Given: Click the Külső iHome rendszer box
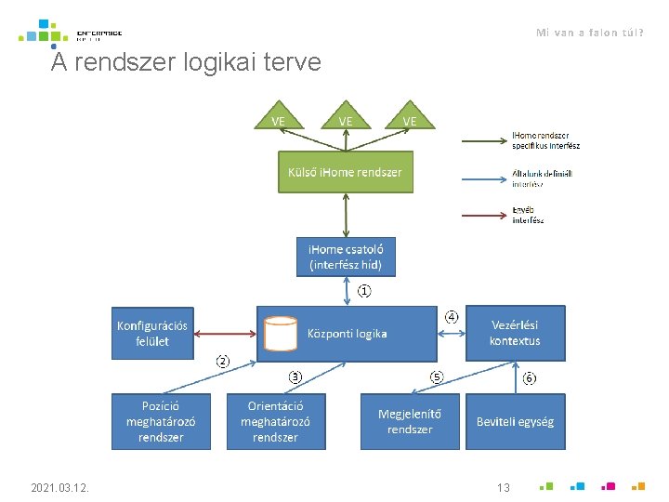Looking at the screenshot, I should tap(346, 174).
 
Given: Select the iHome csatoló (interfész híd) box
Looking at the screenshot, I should tap(346, 258).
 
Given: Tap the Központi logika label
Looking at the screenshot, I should tap(348, 334).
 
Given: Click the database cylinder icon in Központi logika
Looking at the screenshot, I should tap(280, 334).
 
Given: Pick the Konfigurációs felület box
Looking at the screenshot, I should tap(152, 334).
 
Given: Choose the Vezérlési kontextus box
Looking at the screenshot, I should tap(515, 333).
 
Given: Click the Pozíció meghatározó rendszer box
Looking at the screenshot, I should tap(161, 421).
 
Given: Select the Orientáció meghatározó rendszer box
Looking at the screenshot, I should tap(276, 421).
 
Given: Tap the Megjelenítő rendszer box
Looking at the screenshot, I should tap(410, 421).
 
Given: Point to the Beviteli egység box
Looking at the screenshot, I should tap(515, 421).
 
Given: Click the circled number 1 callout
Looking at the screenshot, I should tap(365, 292).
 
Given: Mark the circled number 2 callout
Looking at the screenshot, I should tap(223, 360).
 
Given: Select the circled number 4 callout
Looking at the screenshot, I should tap(452, 316).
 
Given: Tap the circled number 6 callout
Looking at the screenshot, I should tap(529, 378).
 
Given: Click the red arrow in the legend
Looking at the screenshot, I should tap(485, 216).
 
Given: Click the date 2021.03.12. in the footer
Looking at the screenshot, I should tap(59, 487).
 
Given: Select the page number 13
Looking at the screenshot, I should tap(504, 487).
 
